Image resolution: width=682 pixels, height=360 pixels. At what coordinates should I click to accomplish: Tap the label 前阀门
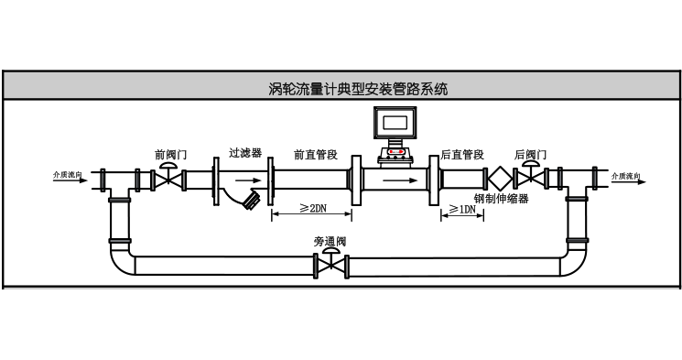coord(170,155)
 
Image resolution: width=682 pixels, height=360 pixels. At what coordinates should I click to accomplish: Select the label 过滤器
coord(245,154)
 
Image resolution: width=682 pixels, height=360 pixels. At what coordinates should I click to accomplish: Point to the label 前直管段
coord(316,155)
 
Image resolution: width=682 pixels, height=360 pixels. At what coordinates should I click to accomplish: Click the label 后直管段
coord(462,155)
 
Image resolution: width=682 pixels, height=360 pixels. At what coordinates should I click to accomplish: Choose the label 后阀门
coord(531,155)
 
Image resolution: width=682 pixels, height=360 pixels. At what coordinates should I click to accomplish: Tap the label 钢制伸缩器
coord(502,198)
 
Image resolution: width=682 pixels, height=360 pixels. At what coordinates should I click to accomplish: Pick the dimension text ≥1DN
coord(461,209)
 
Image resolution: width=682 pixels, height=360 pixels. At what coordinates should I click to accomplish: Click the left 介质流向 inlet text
coord(68,174)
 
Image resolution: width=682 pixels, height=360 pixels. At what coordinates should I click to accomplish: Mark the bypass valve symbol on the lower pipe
coord(330,267)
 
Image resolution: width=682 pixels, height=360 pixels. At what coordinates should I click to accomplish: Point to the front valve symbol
coord(167,179)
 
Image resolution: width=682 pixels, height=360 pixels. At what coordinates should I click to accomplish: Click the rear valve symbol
coord(530,179)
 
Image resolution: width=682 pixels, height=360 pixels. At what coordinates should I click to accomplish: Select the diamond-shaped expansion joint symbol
coord(499,179)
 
